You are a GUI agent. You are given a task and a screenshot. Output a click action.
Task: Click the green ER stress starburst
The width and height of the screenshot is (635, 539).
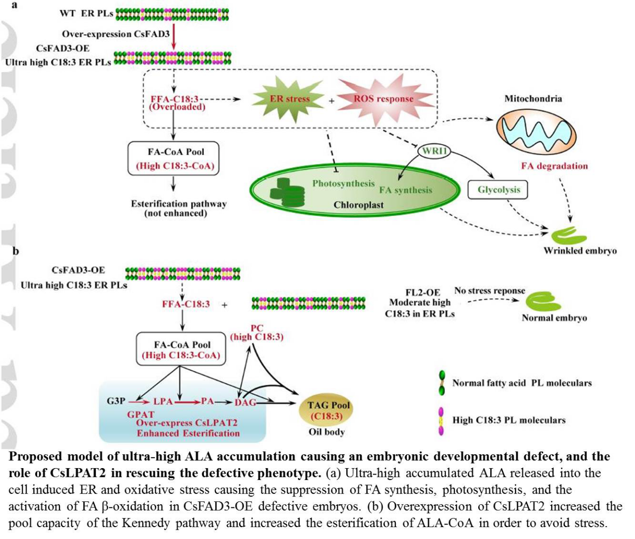(289, 99)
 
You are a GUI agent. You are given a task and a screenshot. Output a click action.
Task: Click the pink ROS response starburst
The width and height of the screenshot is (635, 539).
(384, 99)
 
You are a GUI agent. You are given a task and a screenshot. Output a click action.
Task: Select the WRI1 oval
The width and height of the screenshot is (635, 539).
(435, 151)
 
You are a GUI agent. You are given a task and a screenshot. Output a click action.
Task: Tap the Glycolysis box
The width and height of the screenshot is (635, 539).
(499, 190)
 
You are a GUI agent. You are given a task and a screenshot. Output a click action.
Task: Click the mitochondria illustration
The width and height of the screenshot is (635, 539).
(537, 129)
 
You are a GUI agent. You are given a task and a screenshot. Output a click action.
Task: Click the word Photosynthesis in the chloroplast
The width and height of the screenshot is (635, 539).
(343, 183)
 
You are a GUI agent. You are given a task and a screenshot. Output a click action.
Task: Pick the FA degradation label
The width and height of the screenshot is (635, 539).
(554, 166)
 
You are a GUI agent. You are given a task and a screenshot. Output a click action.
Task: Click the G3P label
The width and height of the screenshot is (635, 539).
(116, 401)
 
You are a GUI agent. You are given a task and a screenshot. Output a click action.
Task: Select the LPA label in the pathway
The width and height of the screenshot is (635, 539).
(163, 401)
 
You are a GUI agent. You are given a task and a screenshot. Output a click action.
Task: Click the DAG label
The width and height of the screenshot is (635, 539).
(245, 402)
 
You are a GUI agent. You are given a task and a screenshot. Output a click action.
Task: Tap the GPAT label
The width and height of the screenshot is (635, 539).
(140, 414)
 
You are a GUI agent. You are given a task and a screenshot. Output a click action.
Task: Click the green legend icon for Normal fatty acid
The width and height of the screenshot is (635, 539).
(442, 383)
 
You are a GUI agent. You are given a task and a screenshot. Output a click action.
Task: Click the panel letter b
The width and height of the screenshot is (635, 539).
(16, 251)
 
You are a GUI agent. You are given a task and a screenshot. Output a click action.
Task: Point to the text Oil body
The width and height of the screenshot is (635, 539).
(326, 431)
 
